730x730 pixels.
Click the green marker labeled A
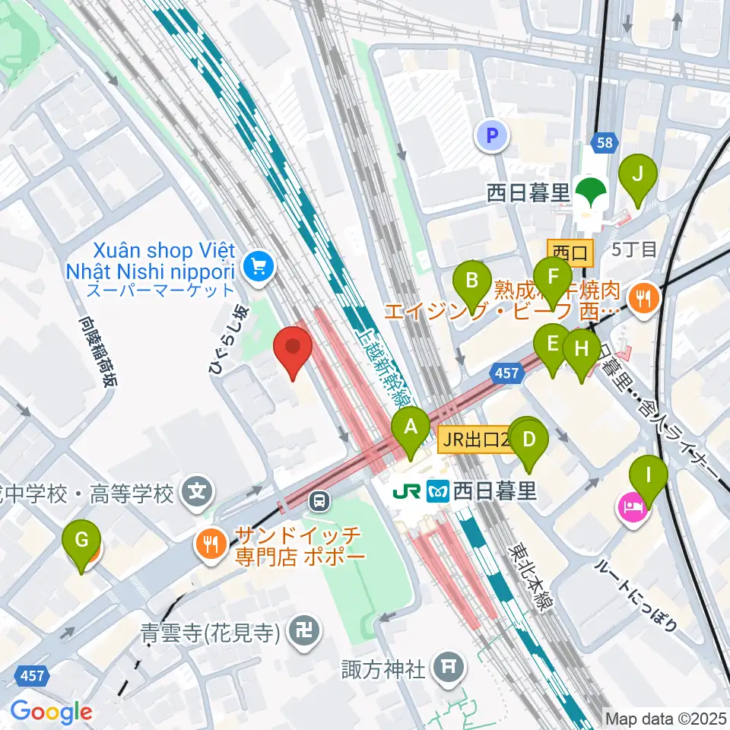[411, 431]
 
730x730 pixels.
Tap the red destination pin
[294, 350]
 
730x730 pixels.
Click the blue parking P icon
[492, 137]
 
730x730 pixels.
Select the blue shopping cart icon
[257, 266]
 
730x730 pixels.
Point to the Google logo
[52, 712]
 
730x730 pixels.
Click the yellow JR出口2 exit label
[475, 438]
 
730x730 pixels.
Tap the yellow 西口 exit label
[570, 249]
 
